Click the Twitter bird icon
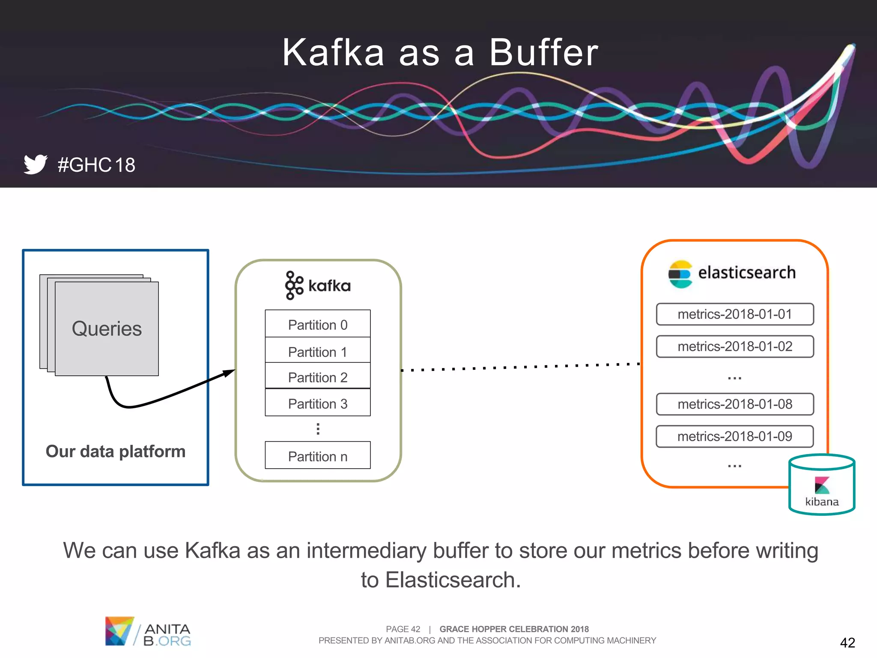tap(35, 164)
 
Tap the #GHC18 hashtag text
tap(96, 165)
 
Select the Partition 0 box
tap(317, 324)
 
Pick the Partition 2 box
tap(317, 377)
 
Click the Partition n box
tap(317, 455)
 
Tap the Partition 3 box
tap(317, 403)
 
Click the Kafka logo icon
tap(294, 285)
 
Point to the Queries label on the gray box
tap(107, 329)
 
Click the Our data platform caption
tap(115, 451)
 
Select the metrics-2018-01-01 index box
tap(734, 314)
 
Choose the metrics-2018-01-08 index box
tap(734, 404)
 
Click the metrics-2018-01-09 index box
tap(734, 436)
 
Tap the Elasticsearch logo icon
tap(680, 274)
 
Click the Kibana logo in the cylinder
tap(822, 485)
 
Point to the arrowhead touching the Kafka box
tap(230, 372)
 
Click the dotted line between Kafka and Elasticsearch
tap(520, 367)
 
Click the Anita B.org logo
tap(148, 631)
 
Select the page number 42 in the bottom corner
tap(847, 642)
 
